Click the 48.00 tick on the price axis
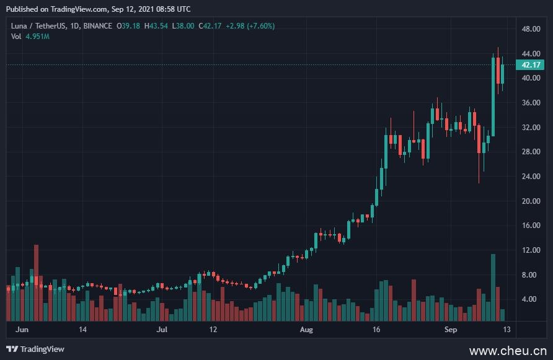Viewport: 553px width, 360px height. point(531,29)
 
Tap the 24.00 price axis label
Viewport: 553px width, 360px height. point(531,177)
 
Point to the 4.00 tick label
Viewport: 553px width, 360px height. point(529,299)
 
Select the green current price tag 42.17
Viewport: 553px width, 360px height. point(531,65)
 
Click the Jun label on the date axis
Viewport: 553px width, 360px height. point(22,330)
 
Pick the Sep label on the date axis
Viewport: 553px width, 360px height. point(451,330)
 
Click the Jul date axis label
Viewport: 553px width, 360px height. point(162,330)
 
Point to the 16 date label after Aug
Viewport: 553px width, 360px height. point(376,330)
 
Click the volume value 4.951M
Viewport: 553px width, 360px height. point(37,37)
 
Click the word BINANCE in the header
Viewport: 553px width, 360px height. point(97,26)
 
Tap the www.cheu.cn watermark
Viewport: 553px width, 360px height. point(508,351)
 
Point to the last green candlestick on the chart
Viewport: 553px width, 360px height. point(502,73)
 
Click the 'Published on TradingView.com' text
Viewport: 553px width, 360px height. point(53,9)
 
